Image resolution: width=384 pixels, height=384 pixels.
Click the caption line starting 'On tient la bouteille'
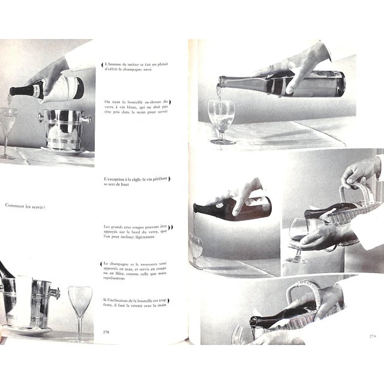(x=133, y=102)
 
